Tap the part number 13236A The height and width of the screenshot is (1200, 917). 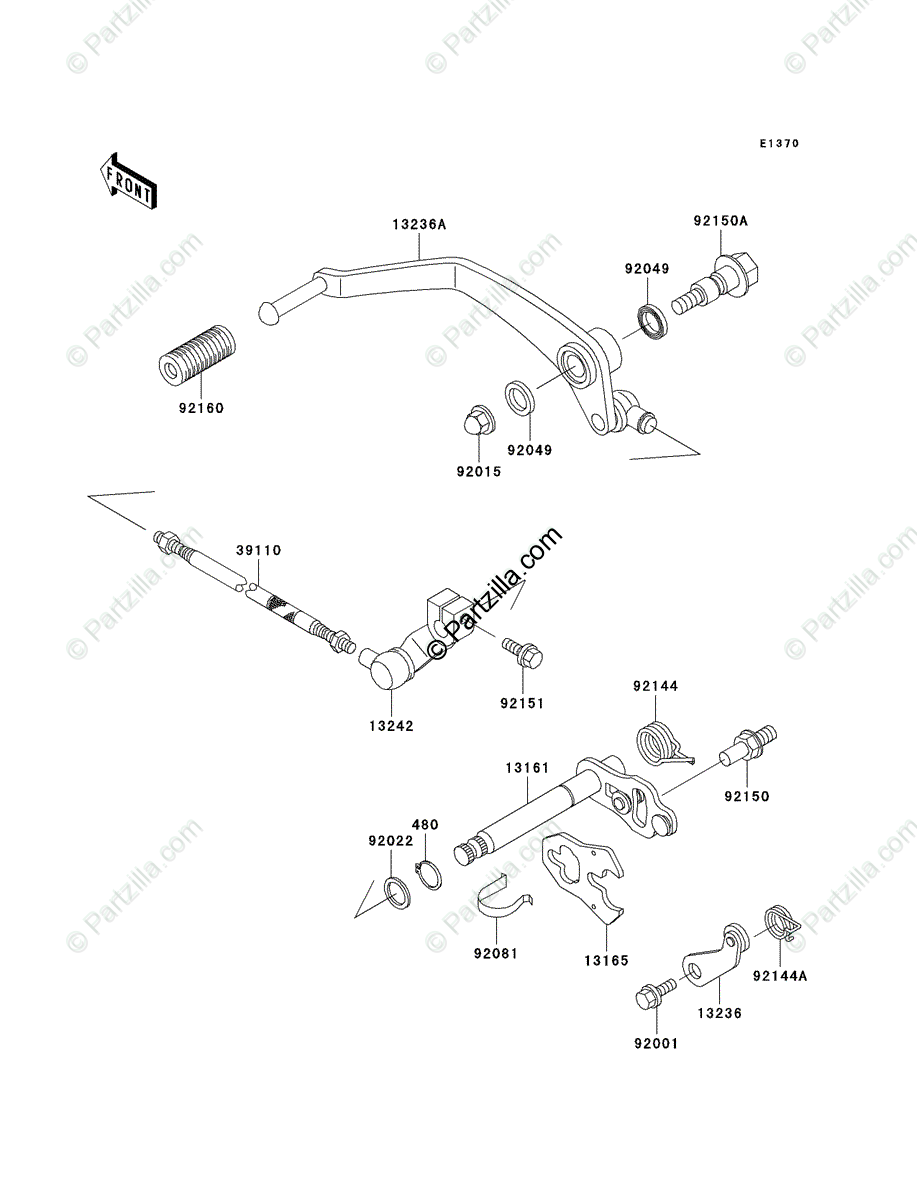tap(418, 225)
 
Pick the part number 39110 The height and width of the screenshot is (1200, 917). tap(259, 550)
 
